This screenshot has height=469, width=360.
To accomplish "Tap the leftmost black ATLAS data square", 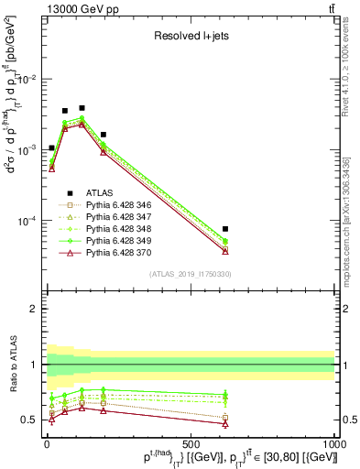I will pos(52,147).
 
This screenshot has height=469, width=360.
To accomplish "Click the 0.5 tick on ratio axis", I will pos(31,420).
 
